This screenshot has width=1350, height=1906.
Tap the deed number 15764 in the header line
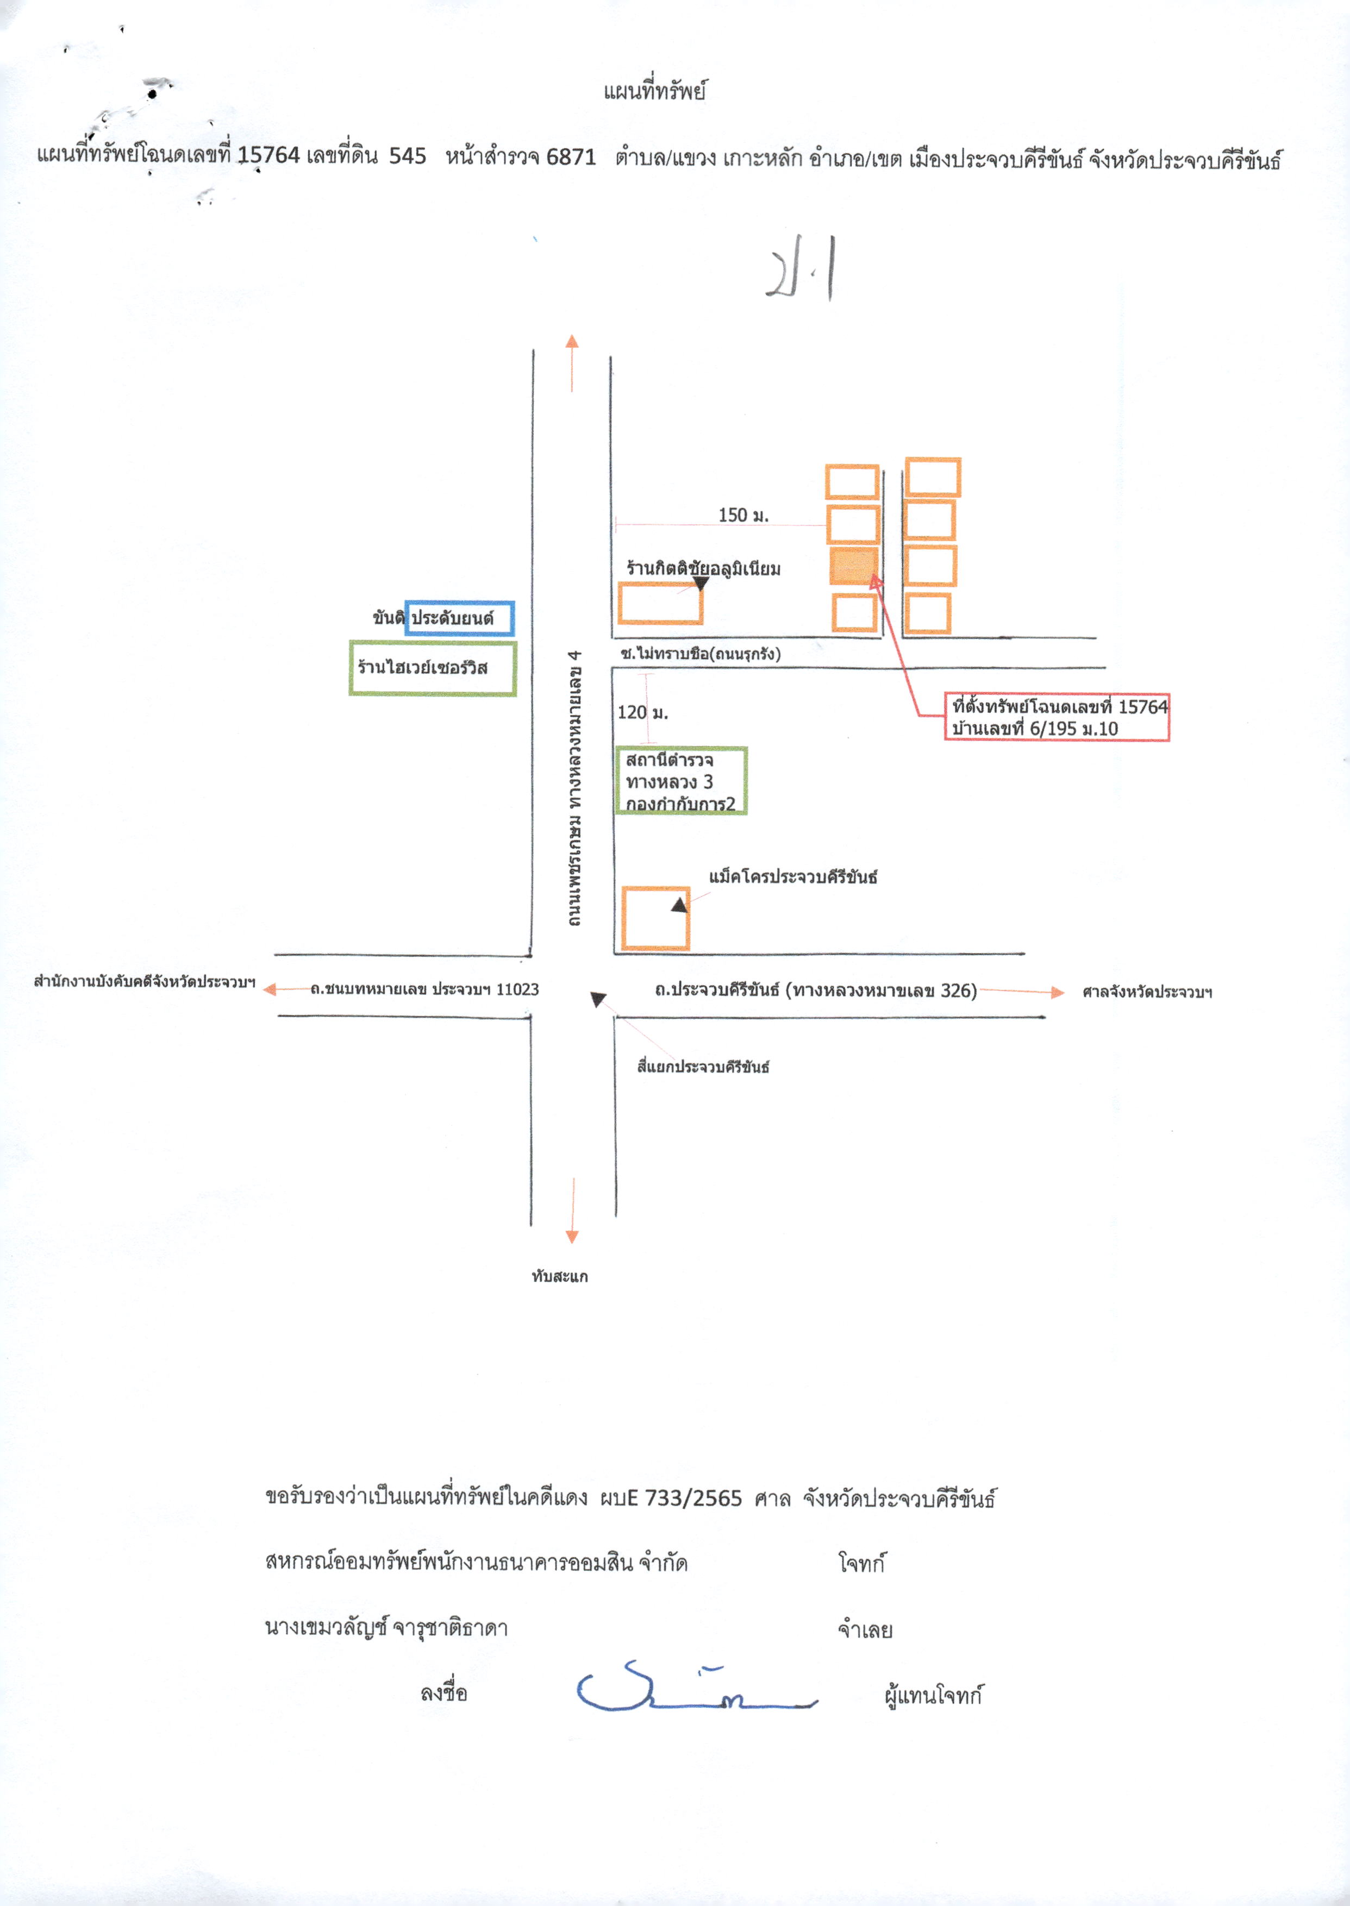tap(268, 155)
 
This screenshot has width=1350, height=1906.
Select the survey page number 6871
tap(571, 156)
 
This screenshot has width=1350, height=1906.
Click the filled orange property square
tap(854, 566)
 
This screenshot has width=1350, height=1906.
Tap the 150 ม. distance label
tap(743, 515)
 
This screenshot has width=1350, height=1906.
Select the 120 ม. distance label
tap(642, 712)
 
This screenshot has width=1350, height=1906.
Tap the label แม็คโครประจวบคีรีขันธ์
tap(793, 876)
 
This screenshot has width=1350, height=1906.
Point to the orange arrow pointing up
tap(572, 362)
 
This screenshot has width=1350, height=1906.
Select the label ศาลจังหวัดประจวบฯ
tap(1147, 992)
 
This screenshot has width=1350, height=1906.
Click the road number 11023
tap(517, 989)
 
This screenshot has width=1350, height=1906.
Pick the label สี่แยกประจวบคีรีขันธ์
tap(703, 1067)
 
